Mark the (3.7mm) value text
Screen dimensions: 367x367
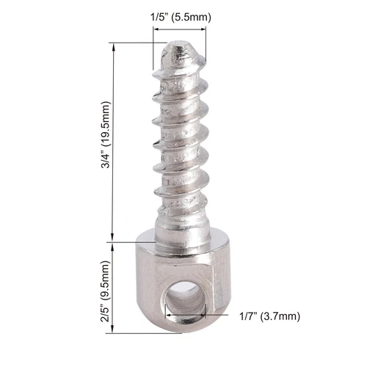point(283,316)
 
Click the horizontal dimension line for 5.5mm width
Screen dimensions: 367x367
point(180,29)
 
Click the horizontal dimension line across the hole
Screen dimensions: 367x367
point(213,316)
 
